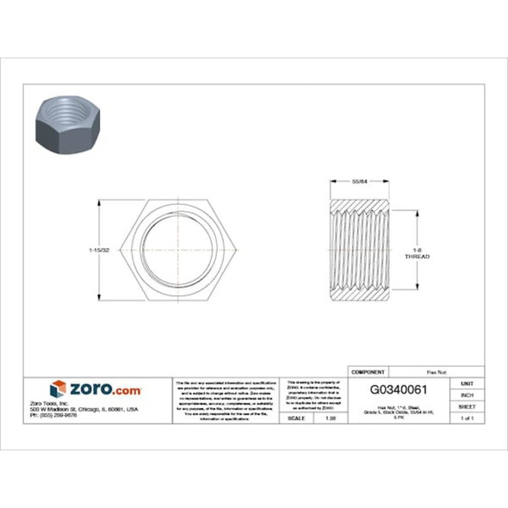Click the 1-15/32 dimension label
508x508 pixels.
(x=100, y=251)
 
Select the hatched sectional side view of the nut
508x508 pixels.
(x=360, y=251)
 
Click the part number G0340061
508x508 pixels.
(x=402, y=388)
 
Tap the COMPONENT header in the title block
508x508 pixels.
(x=370, y=371)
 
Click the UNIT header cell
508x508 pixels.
(x=468, y=382)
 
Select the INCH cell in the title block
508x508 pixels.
(x=468, y=394)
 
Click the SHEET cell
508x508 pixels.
(x=468, y=406)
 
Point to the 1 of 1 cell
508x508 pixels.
(x=468, y=418)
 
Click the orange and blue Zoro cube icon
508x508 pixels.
(x=58, y=389)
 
